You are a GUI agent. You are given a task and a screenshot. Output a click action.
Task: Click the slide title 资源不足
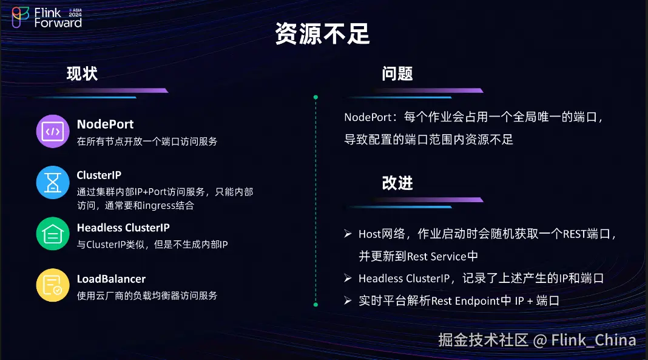(x=322, y=33)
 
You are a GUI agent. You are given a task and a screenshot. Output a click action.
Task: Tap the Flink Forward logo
(x=47, y=18)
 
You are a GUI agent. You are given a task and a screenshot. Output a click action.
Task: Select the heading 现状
(x=83, y=74)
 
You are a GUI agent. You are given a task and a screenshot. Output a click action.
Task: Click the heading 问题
(x=397, y=74)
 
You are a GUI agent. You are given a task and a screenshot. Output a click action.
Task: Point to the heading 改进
(x=397, y=183)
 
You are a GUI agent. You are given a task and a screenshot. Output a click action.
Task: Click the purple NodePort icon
(x=53, y=132)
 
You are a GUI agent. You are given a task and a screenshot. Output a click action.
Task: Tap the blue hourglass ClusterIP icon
(x=53, y=182)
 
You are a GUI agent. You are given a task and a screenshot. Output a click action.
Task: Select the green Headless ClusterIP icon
(x=53, y=234)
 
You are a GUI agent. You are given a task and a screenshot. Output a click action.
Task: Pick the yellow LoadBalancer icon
(x=53, y=285)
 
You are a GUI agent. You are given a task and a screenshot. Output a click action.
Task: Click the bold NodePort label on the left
(x=106, y=124)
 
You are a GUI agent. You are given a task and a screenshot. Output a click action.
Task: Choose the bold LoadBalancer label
(x=111, y=279)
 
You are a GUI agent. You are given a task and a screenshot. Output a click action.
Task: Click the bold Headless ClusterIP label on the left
(x=123, y=228)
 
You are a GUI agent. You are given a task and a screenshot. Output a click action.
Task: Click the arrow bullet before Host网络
(x=348, y=234)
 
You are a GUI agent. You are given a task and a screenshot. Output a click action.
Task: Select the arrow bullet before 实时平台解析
(x=348, y=301)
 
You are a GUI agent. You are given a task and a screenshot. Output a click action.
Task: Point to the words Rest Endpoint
(x=465, y=301)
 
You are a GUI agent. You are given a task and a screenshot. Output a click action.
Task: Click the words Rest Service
(x=437, y=257)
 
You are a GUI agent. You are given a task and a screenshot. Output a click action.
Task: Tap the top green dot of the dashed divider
(x=316, y=97)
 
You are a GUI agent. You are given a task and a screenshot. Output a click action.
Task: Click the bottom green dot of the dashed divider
(x=316, y=305)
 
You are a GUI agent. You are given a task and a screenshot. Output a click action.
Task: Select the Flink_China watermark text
(x=593, y=340)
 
